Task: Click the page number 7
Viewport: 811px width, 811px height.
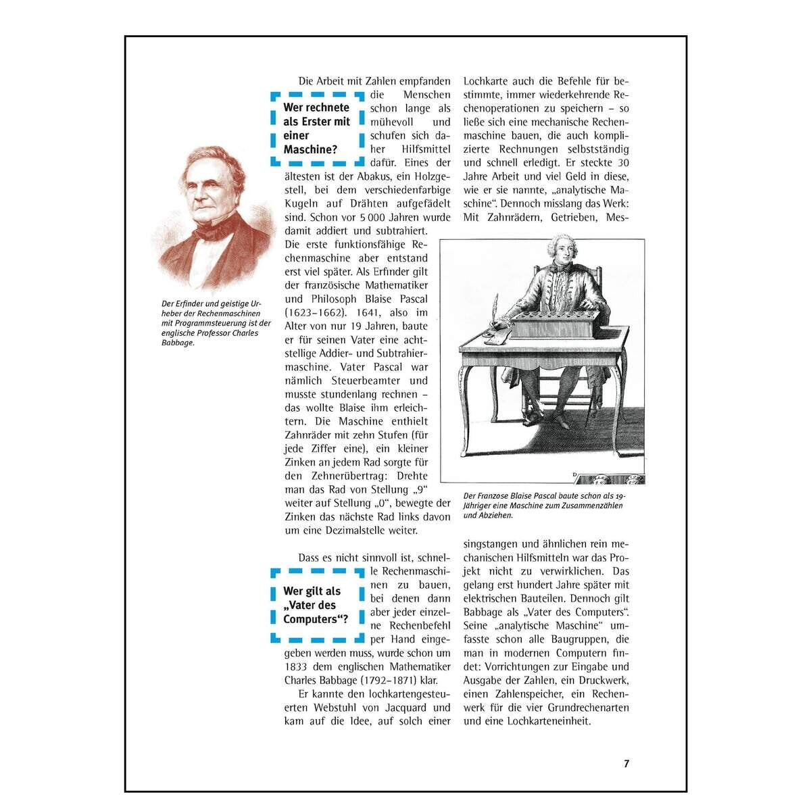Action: pos(626,764)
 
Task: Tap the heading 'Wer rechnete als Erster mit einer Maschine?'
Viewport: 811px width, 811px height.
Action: pos(316,128)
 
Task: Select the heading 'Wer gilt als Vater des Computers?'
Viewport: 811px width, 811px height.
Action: pos(316,606)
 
